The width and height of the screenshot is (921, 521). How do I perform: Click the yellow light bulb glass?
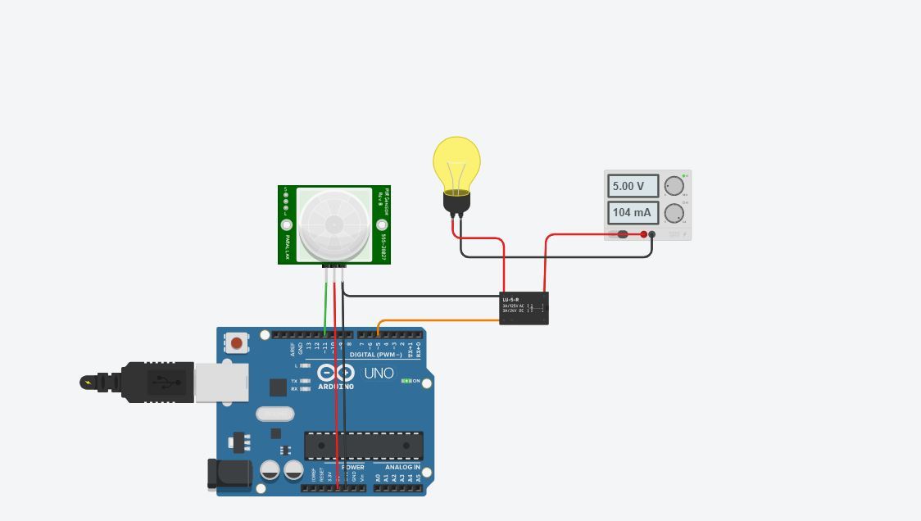point(456,162)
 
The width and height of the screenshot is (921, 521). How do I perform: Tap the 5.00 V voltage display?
point(633,186)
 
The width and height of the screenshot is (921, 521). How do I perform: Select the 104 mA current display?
point(633,213)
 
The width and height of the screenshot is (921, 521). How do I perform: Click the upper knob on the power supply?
point(674,186)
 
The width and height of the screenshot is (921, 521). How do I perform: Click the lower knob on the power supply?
point(674,214)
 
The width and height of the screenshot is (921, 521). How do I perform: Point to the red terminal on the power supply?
point(644,234)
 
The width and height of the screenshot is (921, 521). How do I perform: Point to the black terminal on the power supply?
point(652,234)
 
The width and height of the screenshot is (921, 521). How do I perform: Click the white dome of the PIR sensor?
point(333,224)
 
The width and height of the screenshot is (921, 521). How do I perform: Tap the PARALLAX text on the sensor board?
point(288,245)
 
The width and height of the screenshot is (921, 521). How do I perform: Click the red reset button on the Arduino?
point(237,342)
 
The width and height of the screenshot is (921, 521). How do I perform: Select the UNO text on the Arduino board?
point(379,374)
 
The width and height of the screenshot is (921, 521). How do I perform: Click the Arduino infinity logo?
point(336,373)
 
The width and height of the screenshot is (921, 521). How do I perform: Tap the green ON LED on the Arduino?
point(406,381)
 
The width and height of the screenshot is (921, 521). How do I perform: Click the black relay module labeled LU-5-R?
point(524,308)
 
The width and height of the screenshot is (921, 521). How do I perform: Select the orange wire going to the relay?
point(442,320)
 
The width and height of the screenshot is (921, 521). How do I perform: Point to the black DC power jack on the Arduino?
point(225,474)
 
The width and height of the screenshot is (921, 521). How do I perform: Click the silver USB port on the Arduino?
point(221,383)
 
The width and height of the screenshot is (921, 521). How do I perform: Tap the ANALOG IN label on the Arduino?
point(402,468)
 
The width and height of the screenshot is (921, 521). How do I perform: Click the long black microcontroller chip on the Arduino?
point(364,446)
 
